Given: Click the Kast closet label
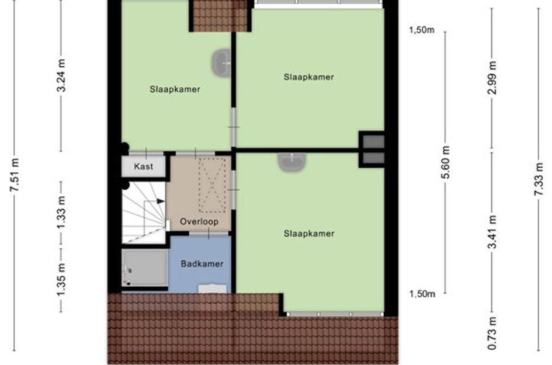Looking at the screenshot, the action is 143,166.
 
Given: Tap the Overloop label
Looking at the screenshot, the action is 199,221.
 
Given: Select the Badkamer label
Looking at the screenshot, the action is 202,263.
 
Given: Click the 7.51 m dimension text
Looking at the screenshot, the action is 15,175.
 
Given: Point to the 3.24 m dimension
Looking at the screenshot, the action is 61,75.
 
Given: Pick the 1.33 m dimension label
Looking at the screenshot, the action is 61,212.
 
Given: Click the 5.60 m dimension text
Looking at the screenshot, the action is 446,162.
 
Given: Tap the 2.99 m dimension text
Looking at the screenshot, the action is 492,78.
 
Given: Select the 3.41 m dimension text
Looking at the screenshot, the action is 492,232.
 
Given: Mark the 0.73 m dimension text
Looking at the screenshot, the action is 492,333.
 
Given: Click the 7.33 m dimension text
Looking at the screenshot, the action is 539,179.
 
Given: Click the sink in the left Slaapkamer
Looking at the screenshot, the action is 221,63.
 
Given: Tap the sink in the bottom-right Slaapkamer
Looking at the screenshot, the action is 292,162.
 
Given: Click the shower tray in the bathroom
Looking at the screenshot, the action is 145,268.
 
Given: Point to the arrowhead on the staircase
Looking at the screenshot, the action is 161,201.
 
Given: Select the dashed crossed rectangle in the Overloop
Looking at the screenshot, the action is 212,185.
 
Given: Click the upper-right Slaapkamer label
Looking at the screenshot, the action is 309,77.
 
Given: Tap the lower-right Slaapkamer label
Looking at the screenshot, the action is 309,234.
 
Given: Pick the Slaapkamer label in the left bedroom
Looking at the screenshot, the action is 175,89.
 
